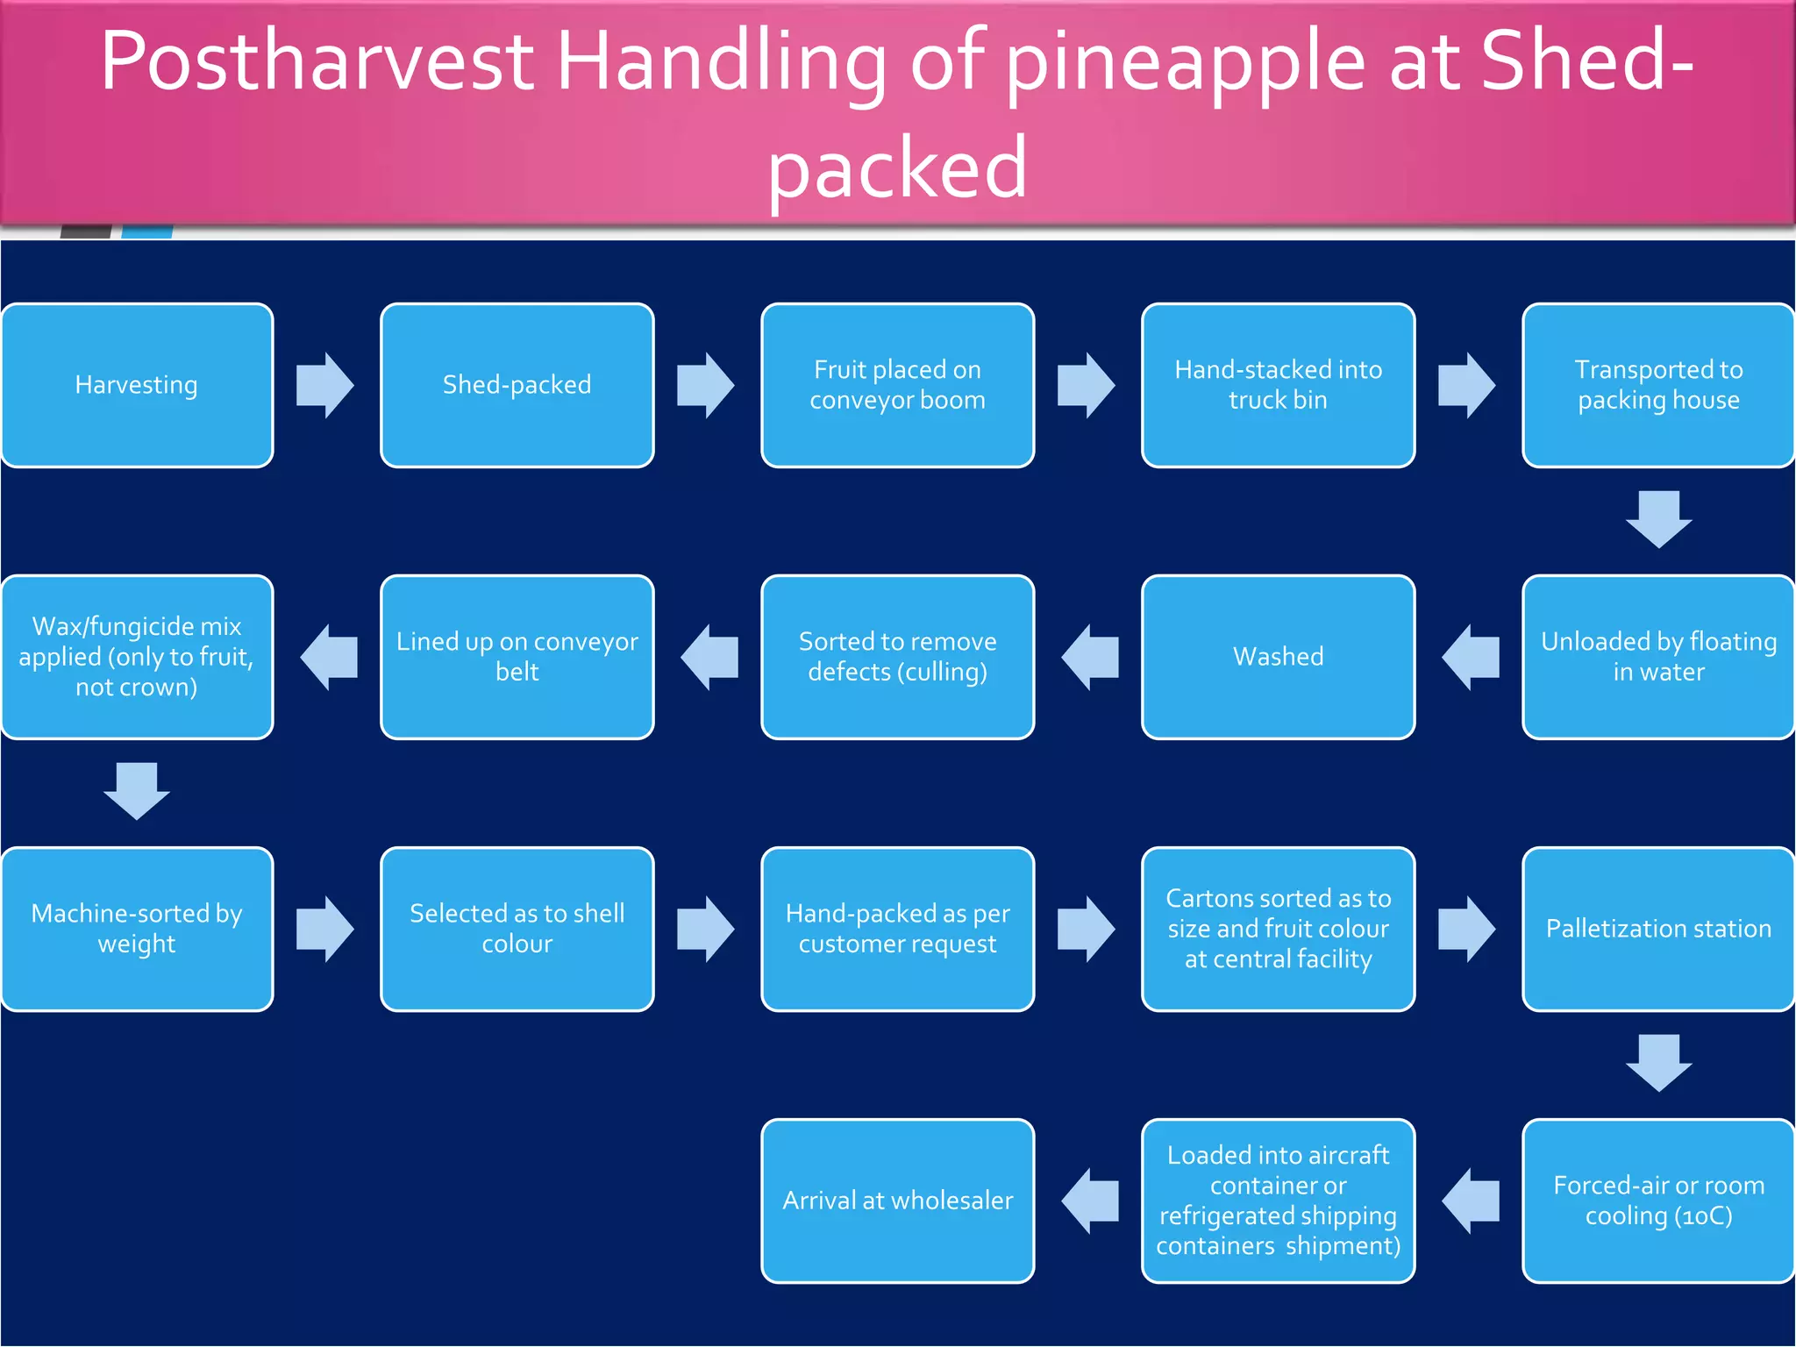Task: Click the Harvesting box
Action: [137, 385]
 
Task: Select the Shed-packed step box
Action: [517, 385]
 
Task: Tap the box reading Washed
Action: [1278, 657]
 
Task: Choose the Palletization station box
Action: [1658, 929]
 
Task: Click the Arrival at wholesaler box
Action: [897, 1201]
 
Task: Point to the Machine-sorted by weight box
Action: [137, 929]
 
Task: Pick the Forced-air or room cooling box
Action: [1658, 1201]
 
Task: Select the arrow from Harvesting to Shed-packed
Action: [325, 385]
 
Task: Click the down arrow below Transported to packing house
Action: [1658, 519]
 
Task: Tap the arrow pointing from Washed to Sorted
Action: [1089, 657]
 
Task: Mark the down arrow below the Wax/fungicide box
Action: [137, 791]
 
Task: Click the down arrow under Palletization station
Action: [1658, 1063]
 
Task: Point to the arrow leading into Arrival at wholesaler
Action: [1089, 1201]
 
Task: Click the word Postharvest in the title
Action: [317, 61]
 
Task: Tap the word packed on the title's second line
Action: [897, 168]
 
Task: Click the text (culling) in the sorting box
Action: [944, 673]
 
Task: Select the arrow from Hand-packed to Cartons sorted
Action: [1086, 929]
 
